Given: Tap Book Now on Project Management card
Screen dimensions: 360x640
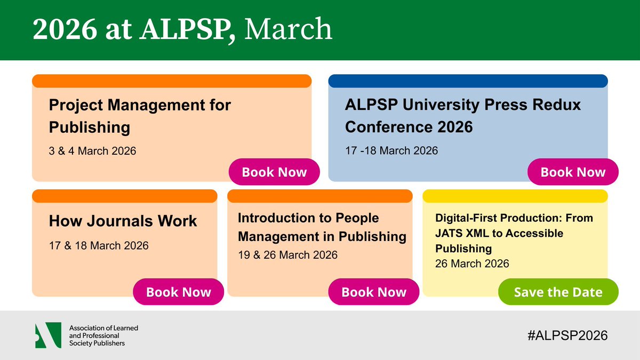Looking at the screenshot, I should [x=274, y=172].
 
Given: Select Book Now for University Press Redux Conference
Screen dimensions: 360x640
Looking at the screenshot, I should [x=573, y=172].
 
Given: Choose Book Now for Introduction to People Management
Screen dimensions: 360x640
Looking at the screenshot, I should [x=373, y=292].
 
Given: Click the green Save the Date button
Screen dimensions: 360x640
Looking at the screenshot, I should [x=558, y=292].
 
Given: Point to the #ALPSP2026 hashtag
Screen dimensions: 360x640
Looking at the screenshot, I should [x=566, y=335].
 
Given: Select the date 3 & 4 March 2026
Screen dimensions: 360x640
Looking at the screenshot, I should [x=92, y=151].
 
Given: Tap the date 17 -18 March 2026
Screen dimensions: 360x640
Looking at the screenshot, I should [x=391, y=150].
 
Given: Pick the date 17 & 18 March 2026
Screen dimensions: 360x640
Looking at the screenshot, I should [x=99, y=246].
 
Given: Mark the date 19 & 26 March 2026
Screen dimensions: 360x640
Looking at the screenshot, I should [x=287, y=255].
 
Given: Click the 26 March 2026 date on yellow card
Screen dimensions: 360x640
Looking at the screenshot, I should [x=472, y=263].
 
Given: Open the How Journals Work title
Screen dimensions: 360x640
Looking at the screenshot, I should [x=123, y=221].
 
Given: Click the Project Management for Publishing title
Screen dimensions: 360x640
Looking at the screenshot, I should [x=140, y=116].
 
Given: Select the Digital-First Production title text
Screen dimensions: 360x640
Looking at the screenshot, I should [x=514, y=233].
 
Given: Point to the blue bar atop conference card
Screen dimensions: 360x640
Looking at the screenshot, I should [x=468, y=81].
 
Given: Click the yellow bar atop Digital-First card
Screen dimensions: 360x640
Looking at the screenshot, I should [x=515, y=196].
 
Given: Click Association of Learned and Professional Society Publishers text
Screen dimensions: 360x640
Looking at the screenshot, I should [x=103, y=335].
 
